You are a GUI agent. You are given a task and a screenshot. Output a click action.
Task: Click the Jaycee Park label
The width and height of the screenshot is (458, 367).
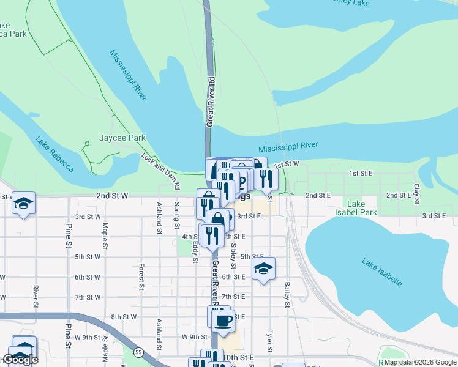pyautogui.click(x=122, y=138)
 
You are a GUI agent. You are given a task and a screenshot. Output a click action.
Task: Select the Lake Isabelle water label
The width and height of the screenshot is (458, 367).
pyautogui.click(x=381, y=272)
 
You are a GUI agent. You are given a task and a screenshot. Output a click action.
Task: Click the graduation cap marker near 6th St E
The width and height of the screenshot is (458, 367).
pyautogui.click(x=263, y=269)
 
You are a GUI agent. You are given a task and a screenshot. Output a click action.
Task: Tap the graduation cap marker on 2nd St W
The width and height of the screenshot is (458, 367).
pyautogui.click(x=23, y=203)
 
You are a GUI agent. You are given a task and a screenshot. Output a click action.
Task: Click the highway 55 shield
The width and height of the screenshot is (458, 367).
pyautogui.click(x=140, y=352)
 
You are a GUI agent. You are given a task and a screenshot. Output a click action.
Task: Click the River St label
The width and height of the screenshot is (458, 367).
pyautogui.click(x=37, y=297)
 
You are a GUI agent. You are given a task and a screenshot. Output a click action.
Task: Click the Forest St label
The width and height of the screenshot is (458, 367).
pyautogui.click(x=141, y=276)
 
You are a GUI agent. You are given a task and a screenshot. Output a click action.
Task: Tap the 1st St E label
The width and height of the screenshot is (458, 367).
pyautogui.click(x=361, y=174)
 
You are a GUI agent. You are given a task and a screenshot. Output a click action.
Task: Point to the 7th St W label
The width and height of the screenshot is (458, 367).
pyautogui.click(x=88, y=297)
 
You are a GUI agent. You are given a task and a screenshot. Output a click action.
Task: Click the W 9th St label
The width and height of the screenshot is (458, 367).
pyautogui.click(x=195, y=337)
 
